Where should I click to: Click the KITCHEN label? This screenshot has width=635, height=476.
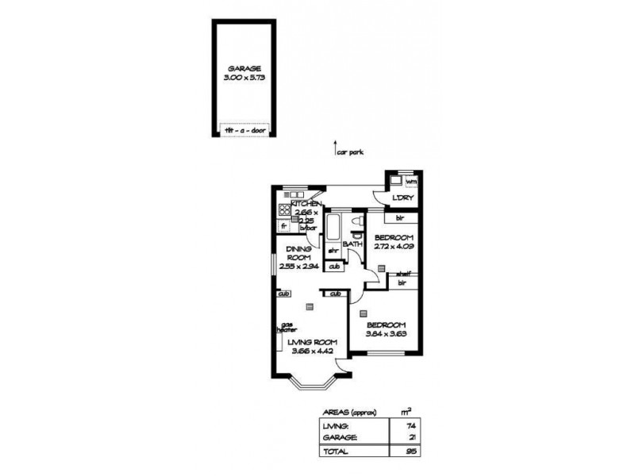306,204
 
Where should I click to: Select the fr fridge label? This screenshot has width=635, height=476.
283,226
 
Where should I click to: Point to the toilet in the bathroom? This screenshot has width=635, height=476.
358,220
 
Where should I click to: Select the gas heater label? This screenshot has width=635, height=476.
287,328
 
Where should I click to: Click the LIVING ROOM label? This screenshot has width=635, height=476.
306,342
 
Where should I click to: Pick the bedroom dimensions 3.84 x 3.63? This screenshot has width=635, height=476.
386,334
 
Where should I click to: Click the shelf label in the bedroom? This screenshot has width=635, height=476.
403,273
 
